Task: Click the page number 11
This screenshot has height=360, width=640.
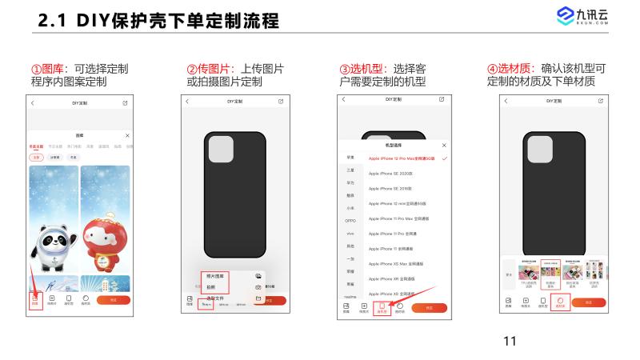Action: (x=510, y=342)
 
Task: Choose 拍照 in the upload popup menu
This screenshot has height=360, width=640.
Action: (x=211, y=286)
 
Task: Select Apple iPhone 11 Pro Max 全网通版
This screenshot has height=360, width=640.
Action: (x=398, y=218)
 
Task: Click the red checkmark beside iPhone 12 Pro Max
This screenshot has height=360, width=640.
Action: (x=444, y=158)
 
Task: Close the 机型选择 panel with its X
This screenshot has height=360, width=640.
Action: (x=444, y=146)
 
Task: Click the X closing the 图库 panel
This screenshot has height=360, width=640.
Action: (x=127, y=137)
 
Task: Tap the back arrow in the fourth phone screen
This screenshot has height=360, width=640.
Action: (x=506, y=102)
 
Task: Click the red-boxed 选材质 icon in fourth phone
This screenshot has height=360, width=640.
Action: (x=561, y=302)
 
